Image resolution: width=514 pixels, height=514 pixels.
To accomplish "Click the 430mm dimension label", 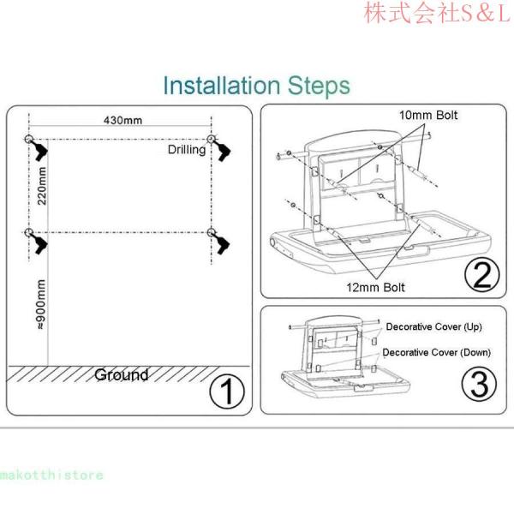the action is coord(123,120).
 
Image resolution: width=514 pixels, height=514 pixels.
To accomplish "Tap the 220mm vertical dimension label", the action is coord(42,186).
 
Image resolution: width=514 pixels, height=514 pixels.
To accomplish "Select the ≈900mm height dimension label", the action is coord(41,304).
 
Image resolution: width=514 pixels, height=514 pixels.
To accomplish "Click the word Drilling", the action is coord(187,150).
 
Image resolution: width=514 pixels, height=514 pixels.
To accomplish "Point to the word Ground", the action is coord(122,375).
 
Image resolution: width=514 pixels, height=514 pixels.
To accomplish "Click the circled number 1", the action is coord(227,392).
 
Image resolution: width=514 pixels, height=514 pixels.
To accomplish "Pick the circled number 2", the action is coord(481,274).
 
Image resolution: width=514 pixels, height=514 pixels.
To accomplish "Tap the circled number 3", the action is coord(479,384).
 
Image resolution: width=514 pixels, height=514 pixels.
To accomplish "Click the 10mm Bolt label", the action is coord(428,115).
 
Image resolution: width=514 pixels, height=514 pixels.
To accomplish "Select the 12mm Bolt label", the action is coord(376,288).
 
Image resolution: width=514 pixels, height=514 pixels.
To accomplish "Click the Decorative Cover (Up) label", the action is coord(433,327).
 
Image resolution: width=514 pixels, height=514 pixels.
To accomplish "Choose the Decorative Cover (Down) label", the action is coord(436,352).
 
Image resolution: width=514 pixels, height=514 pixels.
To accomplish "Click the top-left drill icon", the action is coord(39,150).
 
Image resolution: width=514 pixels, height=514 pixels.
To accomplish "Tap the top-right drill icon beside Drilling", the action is coord(221,150).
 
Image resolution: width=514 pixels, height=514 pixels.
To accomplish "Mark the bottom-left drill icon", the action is coord(39,243).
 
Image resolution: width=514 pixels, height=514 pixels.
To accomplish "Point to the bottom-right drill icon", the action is coord(221,243).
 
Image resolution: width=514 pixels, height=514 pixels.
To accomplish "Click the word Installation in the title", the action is coord(222,85).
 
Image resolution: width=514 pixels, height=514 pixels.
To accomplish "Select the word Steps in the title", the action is coord(319,86).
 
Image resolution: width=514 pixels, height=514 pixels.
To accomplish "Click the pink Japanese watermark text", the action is coord(438,13).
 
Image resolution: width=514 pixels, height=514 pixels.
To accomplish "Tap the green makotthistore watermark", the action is coord(51,475).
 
